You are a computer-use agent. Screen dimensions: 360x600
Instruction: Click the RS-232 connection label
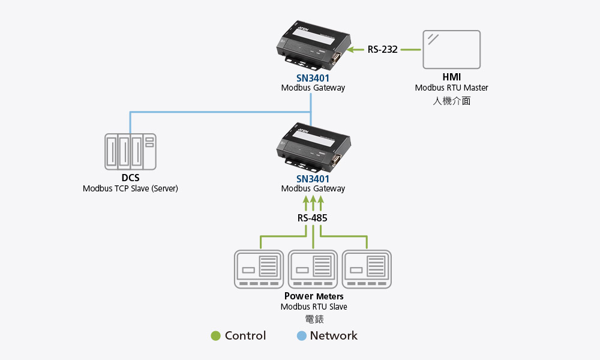click(x=383, y=49)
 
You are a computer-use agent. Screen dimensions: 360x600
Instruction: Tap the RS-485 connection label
click(x=313, y=218)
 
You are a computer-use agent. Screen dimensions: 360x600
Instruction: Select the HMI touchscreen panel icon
click(x=452, y=49)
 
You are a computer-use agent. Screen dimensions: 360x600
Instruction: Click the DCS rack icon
click(x=130, y=151)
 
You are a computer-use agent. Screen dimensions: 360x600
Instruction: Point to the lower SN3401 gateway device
click(x=313, y=146)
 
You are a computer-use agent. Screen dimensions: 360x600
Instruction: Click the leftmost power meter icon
click(x=259, y=269)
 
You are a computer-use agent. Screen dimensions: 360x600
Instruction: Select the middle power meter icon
click(x=313, y=269)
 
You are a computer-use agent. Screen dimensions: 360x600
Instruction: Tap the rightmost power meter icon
click(x=367, y=269)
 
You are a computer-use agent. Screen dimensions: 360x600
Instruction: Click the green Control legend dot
click(x=216, y=336)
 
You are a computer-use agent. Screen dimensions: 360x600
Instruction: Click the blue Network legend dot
click(x=301, y=336)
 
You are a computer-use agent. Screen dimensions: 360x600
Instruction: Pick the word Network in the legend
click(x=334, y=336)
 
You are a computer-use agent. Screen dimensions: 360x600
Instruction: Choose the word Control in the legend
click(x=245, y=336)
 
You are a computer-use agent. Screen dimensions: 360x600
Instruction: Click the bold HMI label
click(x=452, y=77)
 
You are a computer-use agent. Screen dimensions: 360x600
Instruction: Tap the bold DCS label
click(x=130, y=178)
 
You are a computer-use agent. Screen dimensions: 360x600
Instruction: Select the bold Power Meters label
click(x=314, y=296)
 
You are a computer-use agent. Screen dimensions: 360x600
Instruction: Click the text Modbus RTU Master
click(x=452, y=88)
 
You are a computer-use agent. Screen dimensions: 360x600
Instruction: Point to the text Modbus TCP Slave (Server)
click(x=130, y=188)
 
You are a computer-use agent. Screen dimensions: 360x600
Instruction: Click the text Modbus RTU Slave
click(x=314, y=307)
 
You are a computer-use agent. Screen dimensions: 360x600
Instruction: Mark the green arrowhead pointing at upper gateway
click(x=353, y=49)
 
